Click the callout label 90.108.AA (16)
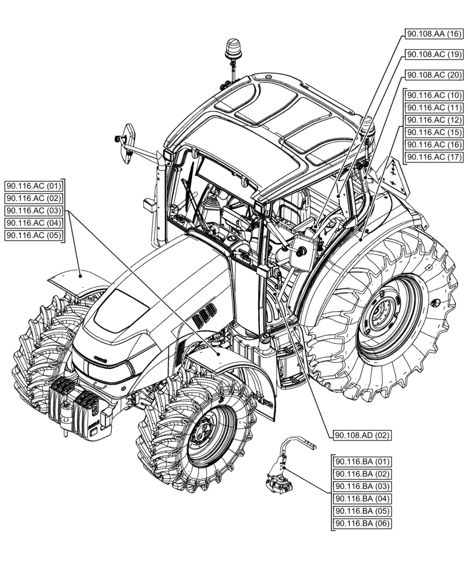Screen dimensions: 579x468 click(433, 34)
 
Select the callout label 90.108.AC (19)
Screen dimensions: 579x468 click(433, 54)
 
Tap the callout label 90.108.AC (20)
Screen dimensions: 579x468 click(433, 75)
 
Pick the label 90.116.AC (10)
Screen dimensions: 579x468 click(433, 95)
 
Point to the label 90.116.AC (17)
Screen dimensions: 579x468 click(433, 157)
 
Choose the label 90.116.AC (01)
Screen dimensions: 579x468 click(34, 186)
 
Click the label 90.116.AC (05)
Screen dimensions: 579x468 click(34, 235)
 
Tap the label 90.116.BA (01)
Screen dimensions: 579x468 click(362, 462)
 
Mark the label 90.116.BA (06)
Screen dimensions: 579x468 click(362, 523)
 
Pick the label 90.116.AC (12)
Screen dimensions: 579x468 click(433, 120)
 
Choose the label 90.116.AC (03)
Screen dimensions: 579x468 click(34, 211)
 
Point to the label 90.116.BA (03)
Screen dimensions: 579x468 click(362, 486)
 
